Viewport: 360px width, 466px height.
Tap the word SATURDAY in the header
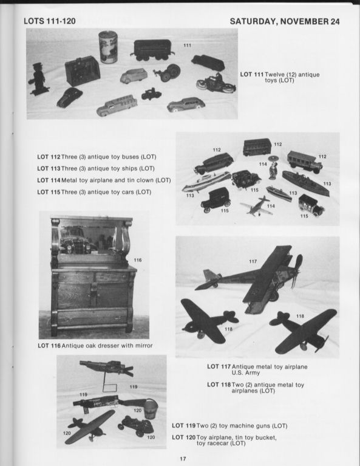(256, 22)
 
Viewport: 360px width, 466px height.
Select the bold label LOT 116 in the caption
(50, 346)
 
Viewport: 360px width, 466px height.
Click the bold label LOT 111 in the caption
(252, 74)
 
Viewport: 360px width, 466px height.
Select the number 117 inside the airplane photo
(253, 261)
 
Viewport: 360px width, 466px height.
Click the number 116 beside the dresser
(138, 260)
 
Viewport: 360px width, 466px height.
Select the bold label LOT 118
(220, 385)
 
